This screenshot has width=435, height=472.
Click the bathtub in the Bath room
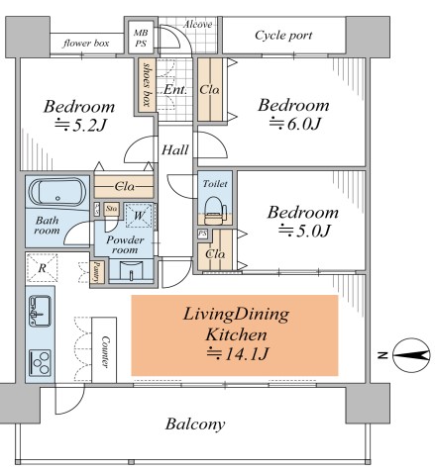coord(57,192)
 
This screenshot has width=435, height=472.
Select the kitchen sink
coord(40,311)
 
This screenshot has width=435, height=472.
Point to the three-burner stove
coord(40,362)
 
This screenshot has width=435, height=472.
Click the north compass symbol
coord(411,355)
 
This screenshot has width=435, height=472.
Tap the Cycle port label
coord(283,36)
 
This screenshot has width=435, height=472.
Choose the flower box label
coord(86,44)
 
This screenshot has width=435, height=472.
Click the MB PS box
coord(141,38)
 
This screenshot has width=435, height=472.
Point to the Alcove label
coord(197,25)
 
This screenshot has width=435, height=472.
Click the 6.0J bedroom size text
coord(295,124)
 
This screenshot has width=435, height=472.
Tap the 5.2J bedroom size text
coord(81,126)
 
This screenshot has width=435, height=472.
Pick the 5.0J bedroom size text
coord(304,231)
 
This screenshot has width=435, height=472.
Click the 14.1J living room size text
coord(237,354)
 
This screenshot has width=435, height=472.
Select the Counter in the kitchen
coord(104,350)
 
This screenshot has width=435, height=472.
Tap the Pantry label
coord(96,272)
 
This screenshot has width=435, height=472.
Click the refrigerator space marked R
coord(42,268)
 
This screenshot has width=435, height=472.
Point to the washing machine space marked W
coord(139,216)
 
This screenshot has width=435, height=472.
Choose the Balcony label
coord(195,425)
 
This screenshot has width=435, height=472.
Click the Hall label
coord(175,150)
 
